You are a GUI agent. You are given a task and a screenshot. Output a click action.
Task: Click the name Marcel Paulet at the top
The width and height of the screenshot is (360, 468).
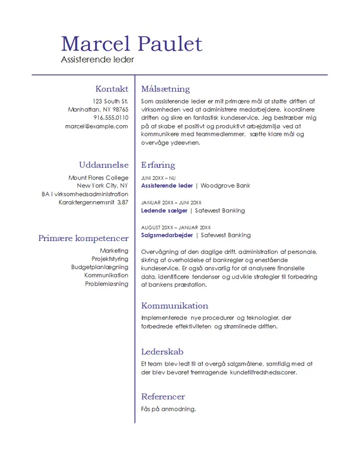pyautogui.click(x=131, y=44)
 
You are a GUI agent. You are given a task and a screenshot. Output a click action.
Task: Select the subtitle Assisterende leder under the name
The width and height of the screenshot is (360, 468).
pyautogui.click(x=98, y=60)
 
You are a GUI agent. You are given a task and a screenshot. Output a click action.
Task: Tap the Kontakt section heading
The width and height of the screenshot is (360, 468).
pyautogui.click(x=112, y=89)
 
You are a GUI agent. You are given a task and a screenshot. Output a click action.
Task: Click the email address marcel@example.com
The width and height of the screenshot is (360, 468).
pyautogui.click(x=96, y=126)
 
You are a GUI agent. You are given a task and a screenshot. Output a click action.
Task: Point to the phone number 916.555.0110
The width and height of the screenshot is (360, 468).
pyautogui.click(x=110, y=118)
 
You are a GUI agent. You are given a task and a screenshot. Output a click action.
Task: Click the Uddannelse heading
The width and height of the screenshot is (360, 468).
pyautogui.click(x=103, y=165)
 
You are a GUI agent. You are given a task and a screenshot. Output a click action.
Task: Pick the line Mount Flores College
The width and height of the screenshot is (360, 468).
pyautogui.click(x=98, y=177)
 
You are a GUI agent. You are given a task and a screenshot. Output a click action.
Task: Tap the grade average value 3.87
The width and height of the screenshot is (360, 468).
pyautogui.click(x=122, y=202)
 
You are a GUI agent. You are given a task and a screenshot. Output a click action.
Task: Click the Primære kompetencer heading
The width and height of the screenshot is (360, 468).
pyautogui.click(x=83, y=238)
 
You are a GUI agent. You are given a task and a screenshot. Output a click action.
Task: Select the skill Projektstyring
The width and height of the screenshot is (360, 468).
pyautogui.click(x=110, y=259)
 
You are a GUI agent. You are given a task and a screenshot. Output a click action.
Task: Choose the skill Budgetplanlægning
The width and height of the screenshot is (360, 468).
pyautogui.click(x=99, y=267)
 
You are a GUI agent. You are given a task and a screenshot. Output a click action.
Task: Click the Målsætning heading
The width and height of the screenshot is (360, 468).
pyautogui.click(x=165, y=89)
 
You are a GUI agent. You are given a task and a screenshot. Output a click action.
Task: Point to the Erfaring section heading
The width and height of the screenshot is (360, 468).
pyautogui.click(x=158, y=165)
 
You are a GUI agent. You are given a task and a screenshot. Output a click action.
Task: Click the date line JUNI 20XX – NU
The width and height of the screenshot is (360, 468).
pyautogui.click(x=158, y=177)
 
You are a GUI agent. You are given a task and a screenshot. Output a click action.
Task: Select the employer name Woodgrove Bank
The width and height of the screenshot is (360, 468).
pyautogui.click(x=225, y=185)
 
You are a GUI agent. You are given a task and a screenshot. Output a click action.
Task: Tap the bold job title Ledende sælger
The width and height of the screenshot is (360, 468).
pyautogui.click(x=164, y=211)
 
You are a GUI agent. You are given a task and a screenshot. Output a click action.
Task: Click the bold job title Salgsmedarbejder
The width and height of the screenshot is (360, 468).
pyautogui.click(x=167, y=235)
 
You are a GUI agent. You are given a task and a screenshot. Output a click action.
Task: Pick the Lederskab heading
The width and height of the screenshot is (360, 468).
pyautogui.click(x=162, y=352)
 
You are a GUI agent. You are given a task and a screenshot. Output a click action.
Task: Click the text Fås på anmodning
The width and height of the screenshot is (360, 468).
pyautogui.click(x=168, y=409)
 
